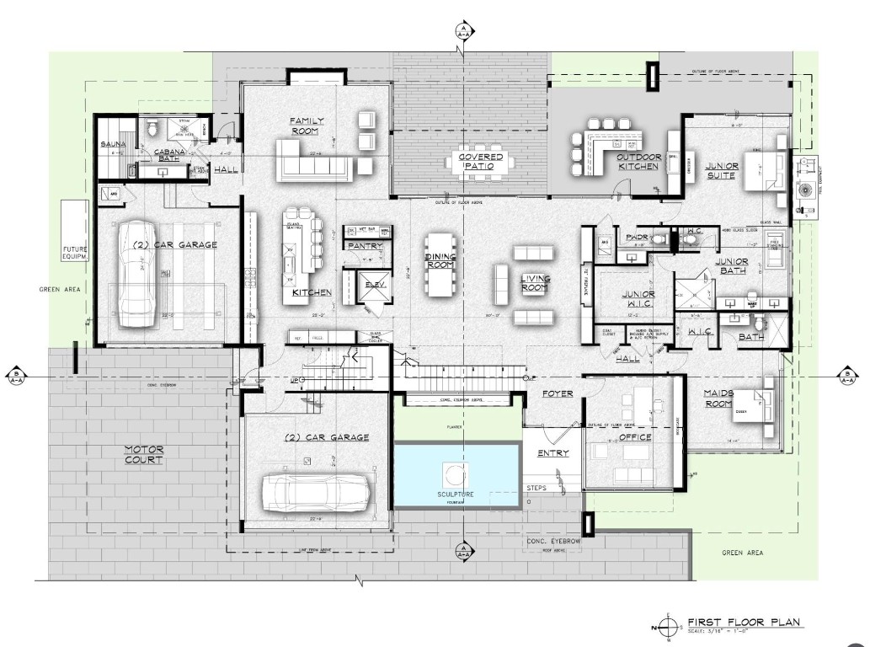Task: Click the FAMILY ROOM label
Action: [x=307, y=126]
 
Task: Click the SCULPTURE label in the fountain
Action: [x=456, y=494]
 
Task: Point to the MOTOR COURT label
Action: [x=143, y=455]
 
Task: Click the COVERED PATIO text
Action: [x=481, y=162]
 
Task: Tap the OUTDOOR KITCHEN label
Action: [x=638, y=162]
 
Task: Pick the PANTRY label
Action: [x=364, y=246]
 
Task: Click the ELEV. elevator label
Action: [x=374, y=285]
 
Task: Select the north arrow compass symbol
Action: [x=668, y=628]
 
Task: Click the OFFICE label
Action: [x=636, y=438]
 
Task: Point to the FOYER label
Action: [x=557, y=393]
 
